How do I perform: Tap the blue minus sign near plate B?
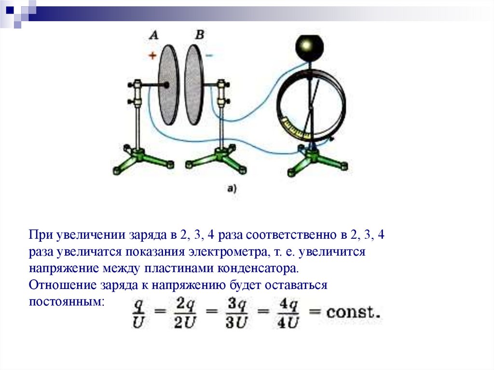pos(209,55)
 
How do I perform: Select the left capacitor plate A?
pos(169,85)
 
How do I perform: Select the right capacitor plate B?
pos(194,85)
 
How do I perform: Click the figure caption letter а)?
pos(231,189)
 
